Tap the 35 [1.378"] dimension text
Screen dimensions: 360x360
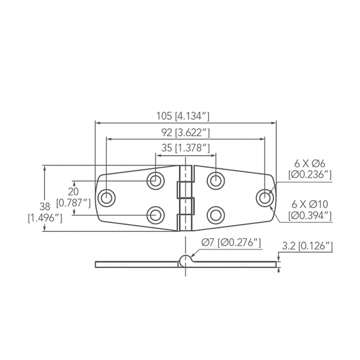tap(186, 148)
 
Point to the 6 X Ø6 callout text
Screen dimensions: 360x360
tap(310, 164)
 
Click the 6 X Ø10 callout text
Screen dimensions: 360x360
tap(310, 203)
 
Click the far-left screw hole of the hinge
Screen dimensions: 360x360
tap(107, 197)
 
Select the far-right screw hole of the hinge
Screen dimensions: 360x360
tap(264, 197)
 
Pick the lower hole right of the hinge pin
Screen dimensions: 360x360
tap(215, 214)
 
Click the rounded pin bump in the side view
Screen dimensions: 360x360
tap(186, 259)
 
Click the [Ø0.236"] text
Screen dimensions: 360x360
tap(310, 175)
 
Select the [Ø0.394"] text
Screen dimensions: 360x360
tap(310, 215)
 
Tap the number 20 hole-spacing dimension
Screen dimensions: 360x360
tap(73, 190)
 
